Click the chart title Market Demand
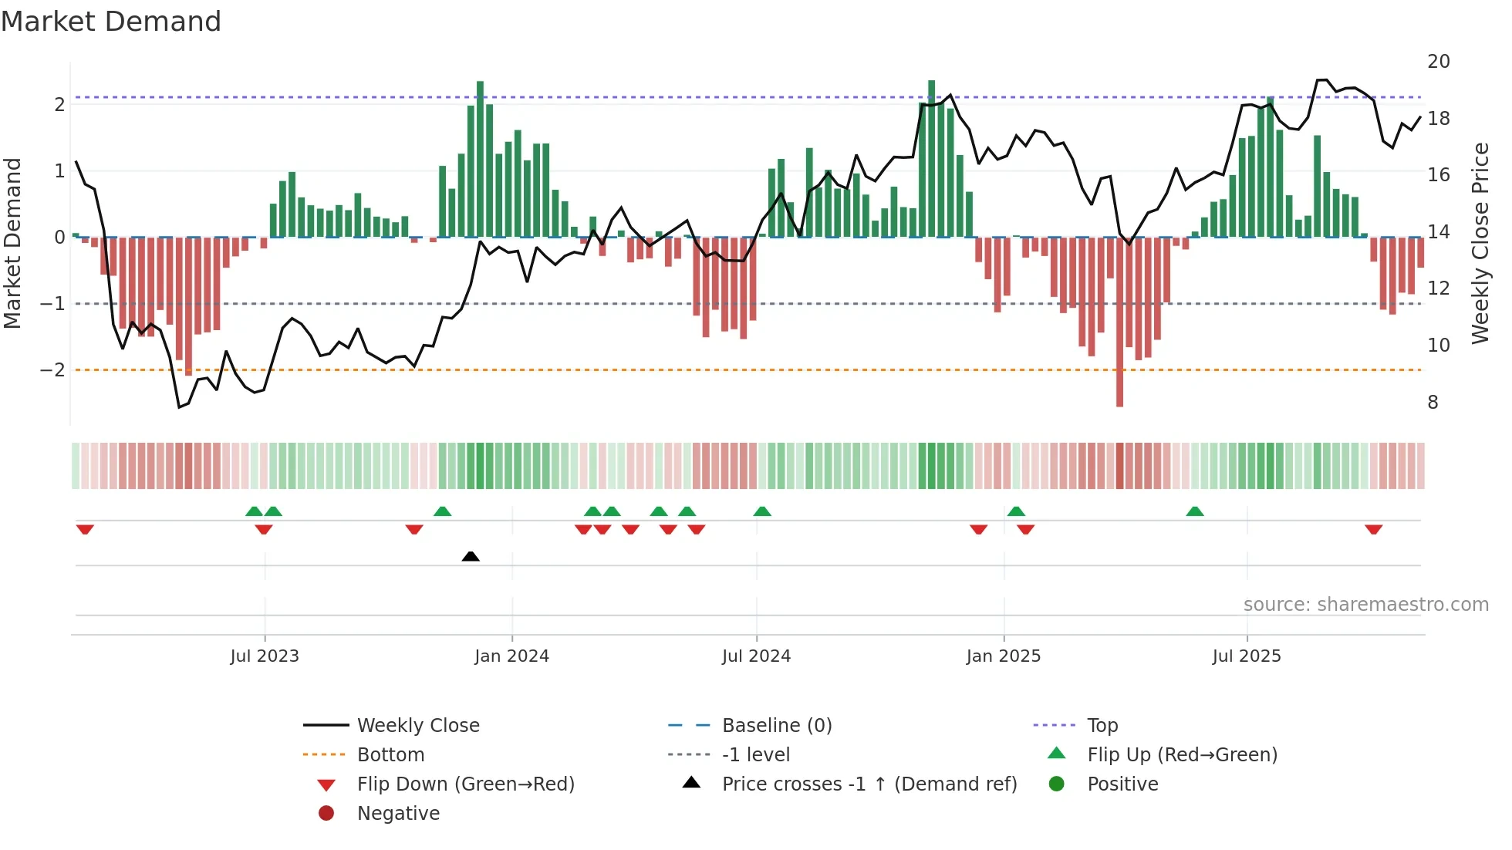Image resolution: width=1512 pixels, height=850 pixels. pos(111,22)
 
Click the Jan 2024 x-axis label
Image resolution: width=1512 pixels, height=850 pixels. pos(511,656)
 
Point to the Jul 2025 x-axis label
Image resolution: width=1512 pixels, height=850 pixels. pos(1246,656)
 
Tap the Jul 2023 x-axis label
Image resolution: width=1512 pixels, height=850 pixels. pos(265,656)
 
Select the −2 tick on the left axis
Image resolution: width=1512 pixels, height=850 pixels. pos(53,370)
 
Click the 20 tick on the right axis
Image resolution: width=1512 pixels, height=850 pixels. pos(1438,62)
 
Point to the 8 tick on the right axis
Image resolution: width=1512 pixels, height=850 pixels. pos(1433,403)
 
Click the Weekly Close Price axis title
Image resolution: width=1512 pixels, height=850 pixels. pos(1480,243)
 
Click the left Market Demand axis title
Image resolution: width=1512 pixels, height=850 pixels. pos(13,243)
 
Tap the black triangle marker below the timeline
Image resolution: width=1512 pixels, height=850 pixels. pos(471,556)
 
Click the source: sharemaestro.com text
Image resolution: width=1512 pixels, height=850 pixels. pos(1365,605)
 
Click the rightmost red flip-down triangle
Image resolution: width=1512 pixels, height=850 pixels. pos(1373,529)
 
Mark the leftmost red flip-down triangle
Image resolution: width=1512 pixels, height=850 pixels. pos(85,529)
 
